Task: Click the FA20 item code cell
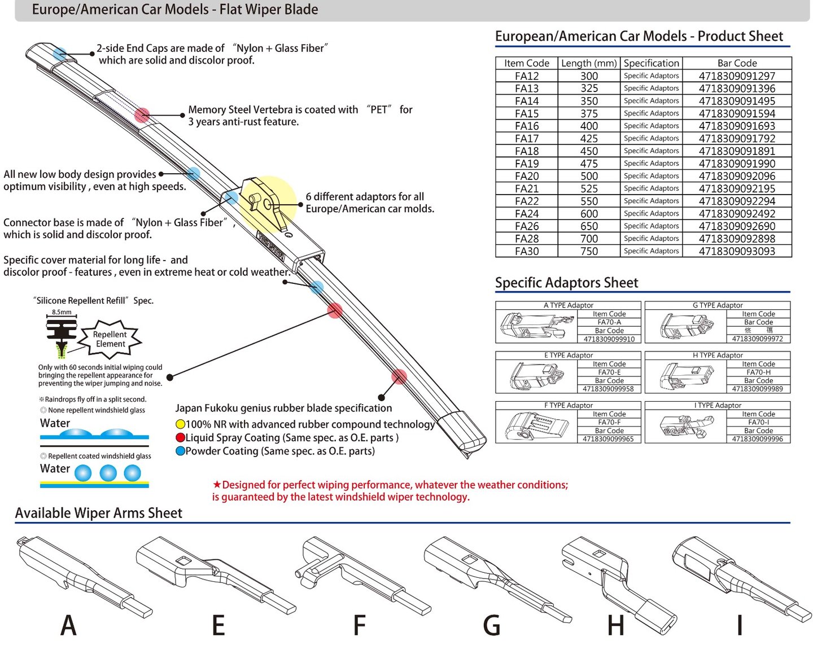[x=526, y=176]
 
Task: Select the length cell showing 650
[x=589, y=226]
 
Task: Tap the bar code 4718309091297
[x=737, y=76]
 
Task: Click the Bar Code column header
[x=737, y=63]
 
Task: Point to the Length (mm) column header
[x=589, y=63]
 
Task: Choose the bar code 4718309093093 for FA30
[x=737, y=251]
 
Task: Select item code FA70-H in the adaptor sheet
[x=758, y=372]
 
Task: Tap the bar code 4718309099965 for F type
[x=608, y=439]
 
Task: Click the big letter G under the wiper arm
[x=492, y=625]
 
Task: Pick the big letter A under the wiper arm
[x=68, y=625]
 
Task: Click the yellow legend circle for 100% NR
[x=180, y=424]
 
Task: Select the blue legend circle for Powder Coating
[x=180, y=451]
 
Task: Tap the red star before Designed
[x=217, y=485]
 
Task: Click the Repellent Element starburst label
[x=110, y=339]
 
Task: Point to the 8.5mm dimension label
[x=62, y=312]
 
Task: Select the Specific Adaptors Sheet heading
[x=566, y=283]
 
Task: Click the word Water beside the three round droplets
[x=55, y=469]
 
